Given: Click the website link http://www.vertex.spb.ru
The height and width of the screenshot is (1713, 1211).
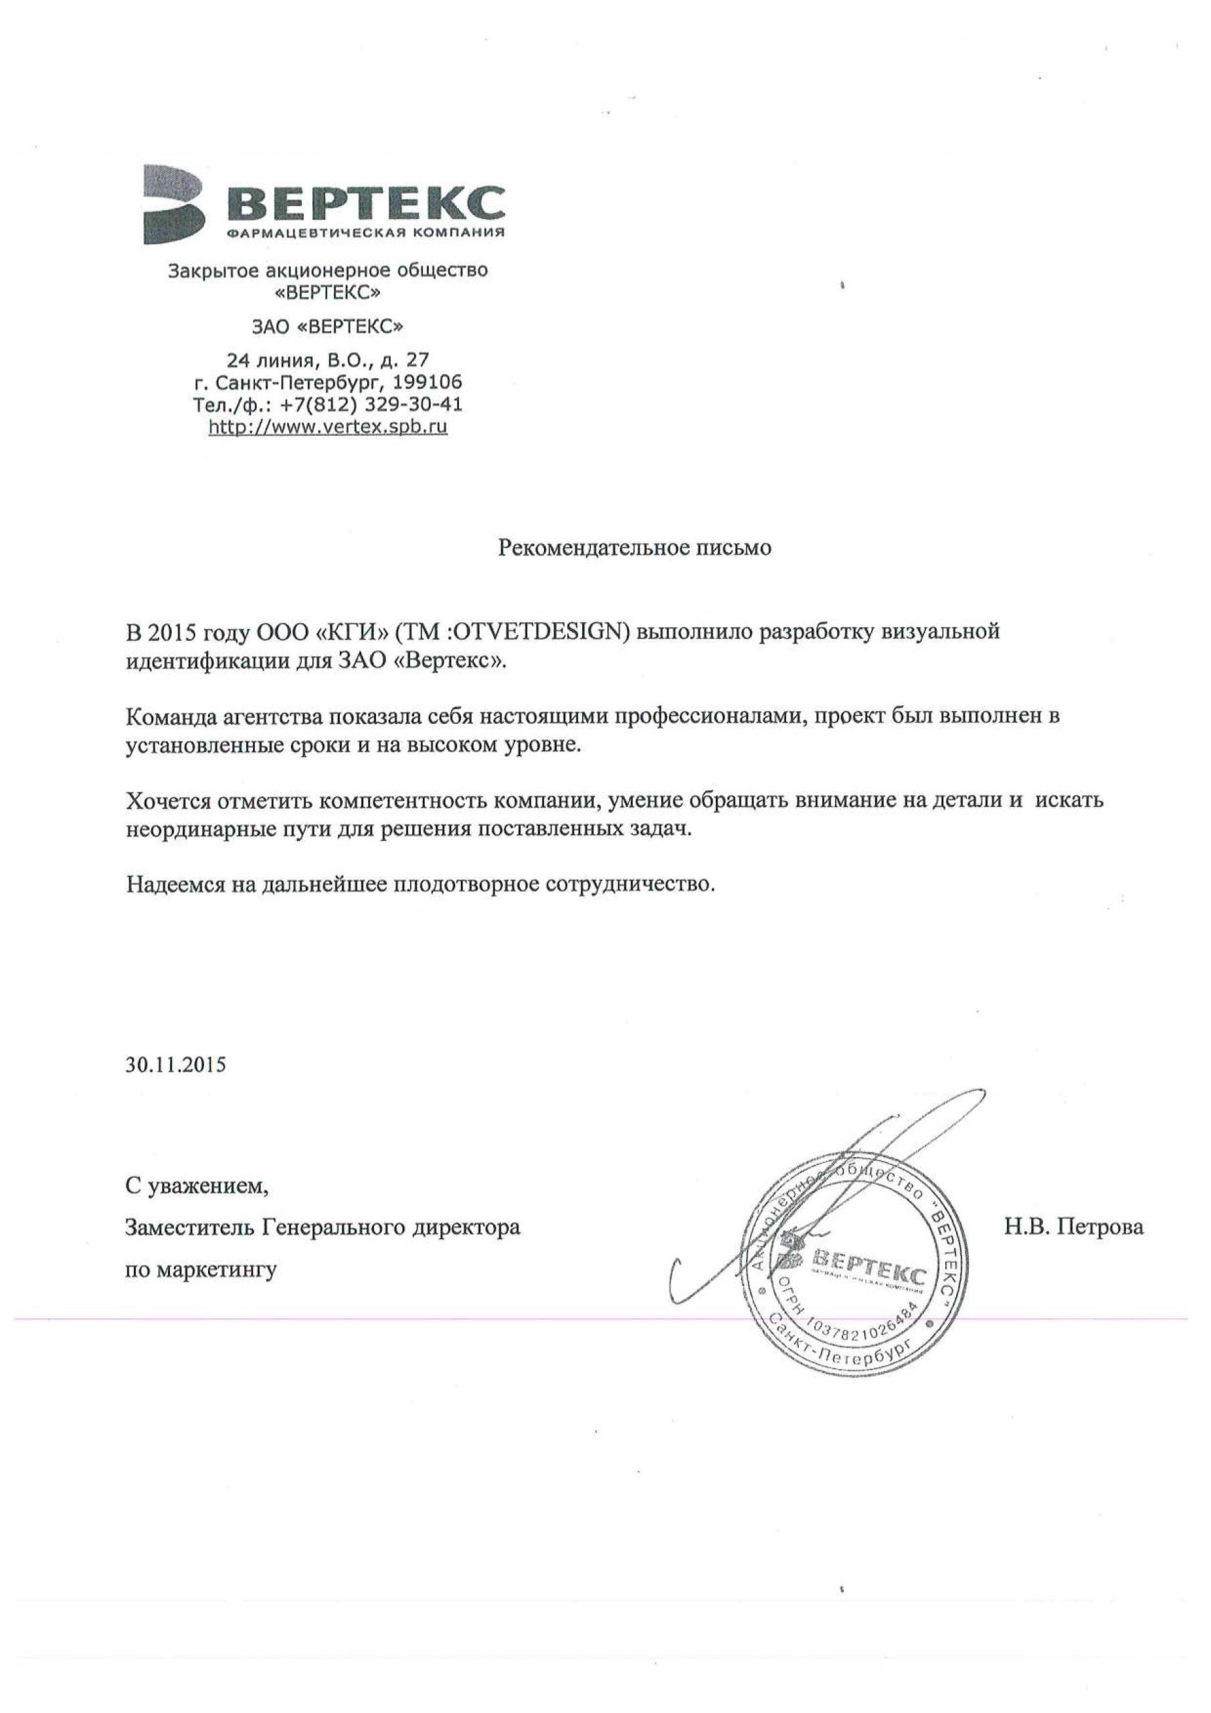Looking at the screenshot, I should (x=328, y=427).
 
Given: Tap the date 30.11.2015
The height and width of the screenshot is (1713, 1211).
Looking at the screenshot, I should (x=175, y=1065).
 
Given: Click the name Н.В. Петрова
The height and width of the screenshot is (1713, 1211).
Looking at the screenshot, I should (x=1073, y=1227).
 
